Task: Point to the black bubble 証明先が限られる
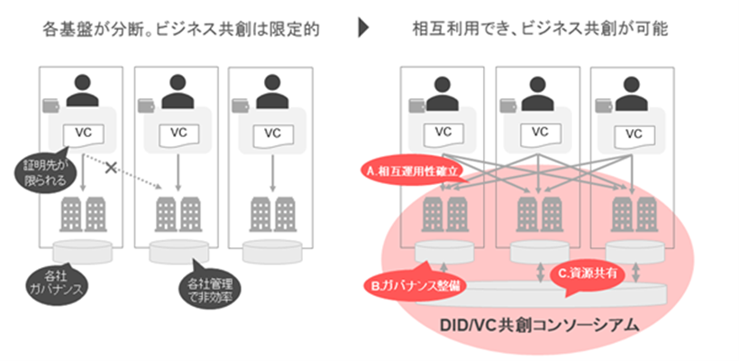[x=41, y=170]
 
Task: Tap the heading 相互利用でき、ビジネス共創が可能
[x=537, y=29]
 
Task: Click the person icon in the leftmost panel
[x=83, y=90]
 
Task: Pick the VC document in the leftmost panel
[x=83, y=133]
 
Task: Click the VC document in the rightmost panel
[x=634, y=132]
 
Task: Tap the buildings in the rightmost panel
[x=634, y=213]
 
